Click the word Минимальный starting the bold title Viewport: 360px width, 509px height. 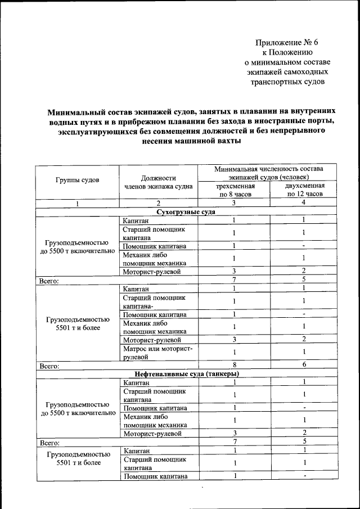pos(75,111)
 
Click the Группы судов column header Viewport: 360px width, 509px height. pos(78,180)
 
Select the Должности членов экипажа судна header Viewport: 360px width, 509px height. pos(159,181)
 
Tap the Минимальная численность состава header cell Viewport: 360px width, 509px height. pos(268,173)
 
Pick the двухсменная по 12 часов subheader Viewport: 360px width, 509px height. pos(304,190)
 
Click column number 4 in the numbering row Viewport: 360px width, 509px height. pos(304,203)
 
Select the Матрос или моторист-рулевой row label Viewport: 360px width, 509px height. pos(157,353)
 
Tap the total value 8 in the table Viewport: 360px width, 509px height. pos(234,364)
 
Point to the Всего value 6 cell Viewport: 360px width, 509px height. pos(304,364)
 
